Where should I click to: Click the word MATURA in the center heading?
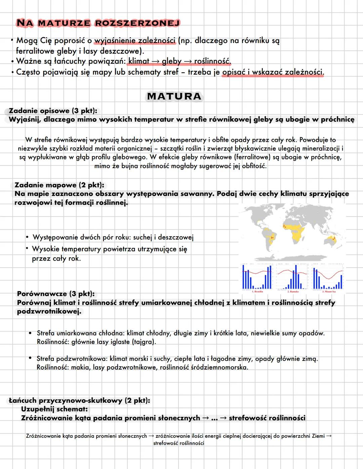pyautogui.click(x=174, y=96)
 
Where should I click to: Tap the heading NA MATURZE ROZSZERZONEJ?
pyautogui.click(x=98, y=23)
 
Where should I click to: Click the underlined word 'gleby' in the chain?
pyautogui.click(x=171, y=62)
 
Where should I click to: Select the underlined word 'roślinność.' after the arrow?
pyautogui.click(x=212, y=62)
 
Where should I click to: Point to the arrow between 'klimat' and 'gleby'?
pyautogui.click(x=155, y=62)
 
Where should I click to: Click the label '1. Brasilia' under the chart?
pyautogui.click(x=257, y=291)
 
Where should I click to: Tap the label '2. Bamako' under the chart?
pyautogui.click(x=293, y=291)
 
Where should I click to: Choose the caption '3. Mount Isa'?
pyautogui.click(x=329, y=291)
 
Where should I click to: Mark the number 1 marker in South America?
pyautogui.click(x=271, y=238)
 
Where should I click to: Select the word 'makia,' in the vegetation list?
pyautogui.click(x=80, y=367)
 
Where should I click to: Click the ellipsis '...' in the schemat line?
pyautogui.click(x=214, y=418)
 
